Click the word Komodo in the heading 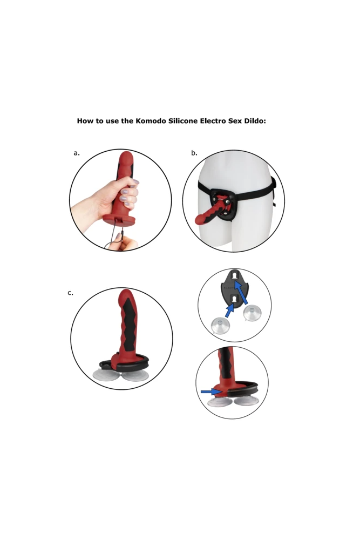pyautogui.click(x=150, y=121)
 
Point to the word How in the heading pyautogui.click(x=86, y=121)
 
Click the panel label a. pyautogui.click(x=77, y=153)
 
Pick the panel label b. pyautogui.click(x=194, y=153)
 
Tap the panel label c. pyautogui.click(x=70, y=293)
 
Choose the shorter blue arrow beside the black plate pyautogui.click(x=230, y=310)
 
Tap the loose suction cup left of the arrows pyautogui.click(x=219, y=325)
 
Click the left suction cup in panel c pyautogui.click(x=105, y=375)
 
